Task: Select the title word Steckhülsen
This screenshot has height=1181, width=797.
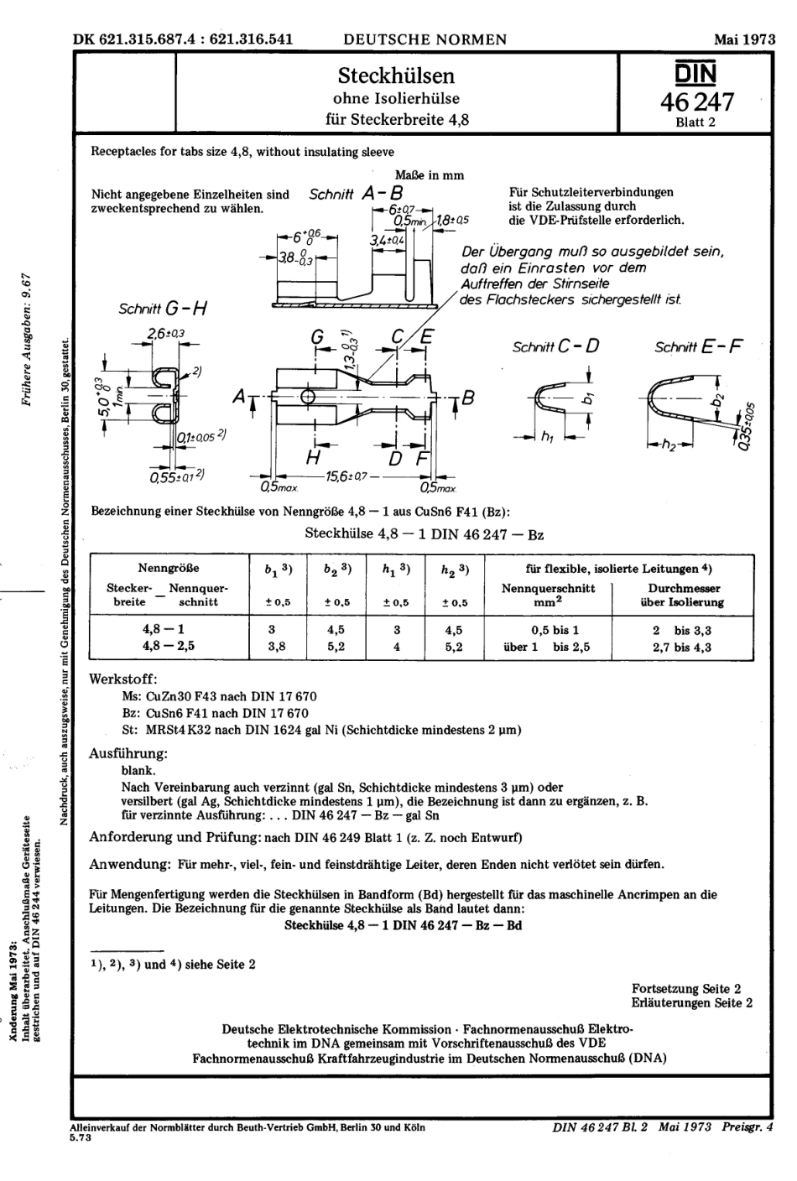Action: [x=396, y=75]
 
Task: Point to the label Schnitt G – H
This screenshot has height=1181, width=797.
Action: [x=164, y=309]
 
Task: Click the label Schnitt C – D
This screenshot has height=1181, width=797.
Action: [x=555, y=345]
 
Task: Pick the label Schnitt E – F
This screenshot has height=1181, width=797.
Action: [x=699, y=345]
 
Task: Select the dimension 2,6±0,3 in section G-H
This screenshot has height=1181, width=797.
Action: [x=166, y=334]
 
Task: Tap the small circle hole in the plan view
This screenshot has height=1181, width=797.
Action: [x=309, y=395]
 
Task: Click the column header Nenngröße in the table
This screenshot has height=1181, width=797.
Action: [x=169, y=568]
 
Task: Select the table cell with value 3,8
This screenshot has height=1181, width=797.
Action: [x=270, y=647]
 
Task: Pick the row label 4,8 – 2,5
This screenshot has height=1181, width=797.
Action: [x=164, y=647]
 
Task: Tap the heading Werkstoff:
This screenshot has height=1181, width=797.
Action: [x=123, y=679]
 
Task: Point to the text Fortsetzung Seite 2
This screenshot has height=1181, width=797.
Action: [x=685, y=989]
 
